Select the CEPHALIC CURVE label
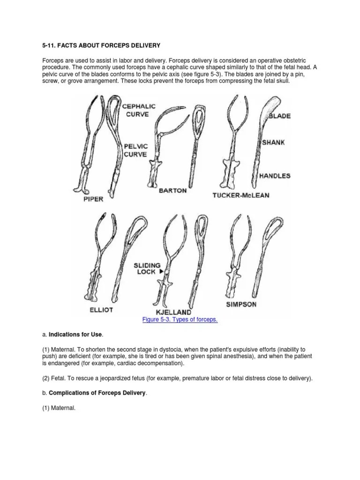pos(139,110)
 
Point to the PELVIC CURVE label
pos(136,150)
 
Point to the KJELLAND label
pos(171,312)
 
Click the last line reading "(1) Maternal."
pos(59,408)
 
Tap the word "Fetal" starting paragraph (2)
pos(60,378)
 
